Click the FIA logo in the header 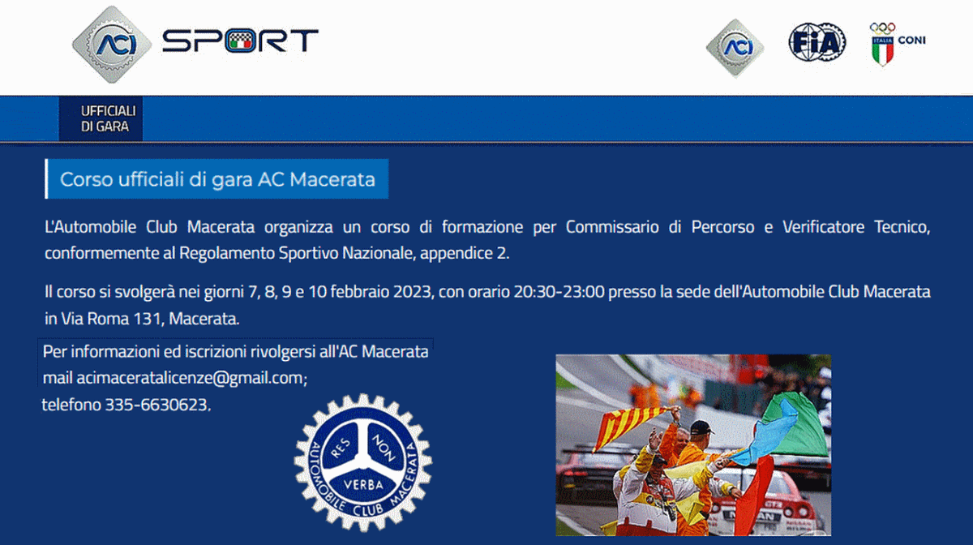pos(817,42)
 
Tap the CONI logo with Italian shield pos(897,44)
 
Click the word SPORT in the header pos(240,41)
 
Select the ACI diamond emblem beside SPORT pos(112,44)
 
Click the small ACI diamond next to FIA pos(735,47)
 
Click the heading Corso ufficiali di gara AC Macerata pos(217,179)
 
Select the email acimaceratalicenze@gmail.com pos(191,378)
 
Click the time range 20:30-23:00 pos(559,292)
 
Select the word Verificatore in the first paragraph pos(823,227)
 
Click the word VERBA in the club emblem pos(363,485)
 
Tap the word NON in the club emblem pos(383,448)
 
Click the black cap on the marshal pos(701,427)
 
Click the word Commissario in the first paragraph pos(612,227)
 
